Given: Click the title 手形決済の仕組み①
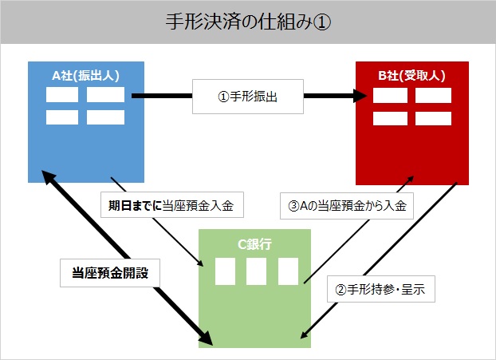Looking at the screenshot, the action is (248, 22).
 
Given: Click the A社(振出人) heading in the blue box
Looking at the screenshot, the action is (85, 76).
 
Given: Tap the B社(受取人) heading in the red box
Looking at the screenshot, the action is (411, 76).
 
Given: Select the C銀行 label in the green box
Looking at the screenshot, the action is (254, 244).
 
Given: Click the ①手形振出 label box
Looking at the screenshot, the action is (248, 97).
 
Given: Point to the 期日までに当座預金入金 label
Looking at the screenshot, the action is (172, 205).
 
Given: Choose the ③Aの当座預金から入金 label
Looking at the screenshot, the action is (347, 206).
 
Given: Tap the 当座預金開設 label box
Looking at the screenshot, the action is (110, 273).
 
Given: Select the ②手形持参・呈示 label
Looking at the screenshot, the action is (381, 289).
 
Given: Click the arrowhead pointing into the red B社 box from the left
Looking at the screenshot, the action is (360, 96).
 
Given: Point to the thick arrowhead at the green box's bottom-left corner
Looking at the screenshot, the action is (205, 338).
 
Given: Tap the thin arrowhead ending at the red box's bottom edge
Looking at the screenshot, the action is (410, 180).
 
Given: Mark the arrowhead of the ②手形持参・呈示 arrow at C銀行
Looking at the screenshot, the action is (304, 334).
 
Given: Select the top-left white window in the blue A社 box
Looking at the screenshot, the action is (62, 95).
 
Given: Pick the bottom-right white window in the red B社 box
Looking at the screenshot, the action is (433, 118).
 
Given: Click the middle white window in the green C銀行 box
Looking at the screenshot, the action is (256, 271).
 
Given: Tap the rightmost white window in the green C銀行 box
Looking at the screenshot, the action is (288, 271).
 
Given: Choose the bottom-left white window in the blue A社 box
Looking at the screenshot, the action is (62, 117).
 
